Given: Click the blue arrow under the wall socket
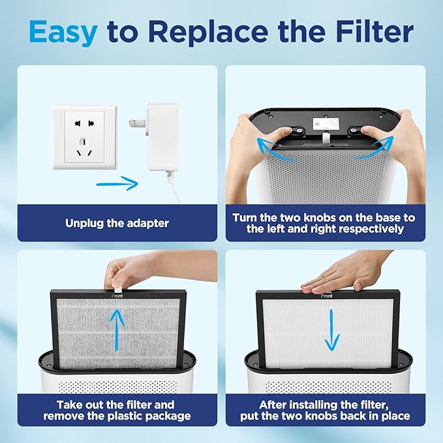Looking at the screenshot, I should pos(117,183).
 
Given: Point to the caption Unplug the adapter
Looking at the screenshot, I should pos(117,223).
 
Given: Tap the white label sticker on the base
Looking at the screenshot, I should pos(325,123).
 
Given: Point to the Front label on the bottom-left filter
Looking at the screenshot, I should pos(117,294).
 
